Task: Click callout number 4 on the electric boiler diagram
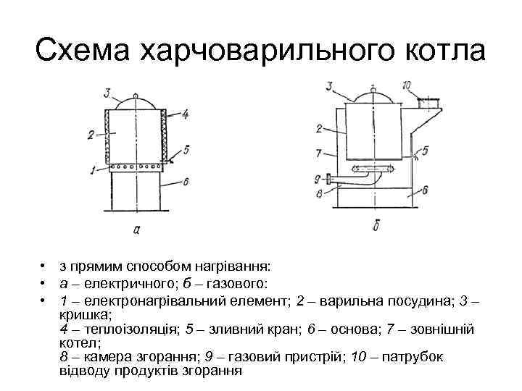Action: [186, 114]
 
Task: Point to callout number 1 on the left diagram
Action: [92, 169]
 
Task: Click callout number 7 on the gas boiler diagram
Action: [319, 154]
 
